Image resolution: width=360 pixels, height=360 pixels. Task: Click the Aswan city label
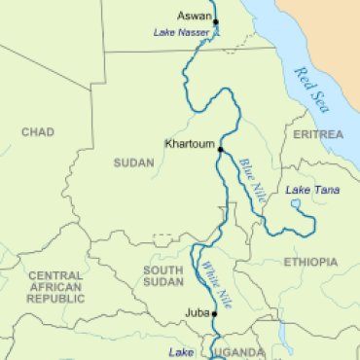195,17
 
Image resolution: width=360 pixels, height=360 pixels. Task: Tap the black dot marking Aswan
216,21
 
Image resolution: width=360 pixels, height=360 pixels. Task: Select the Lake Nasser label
180,33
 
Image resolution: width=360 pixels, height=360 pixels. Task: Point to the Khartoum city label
190,143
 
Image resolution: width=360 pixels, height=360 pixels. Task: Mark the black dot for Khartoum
221,150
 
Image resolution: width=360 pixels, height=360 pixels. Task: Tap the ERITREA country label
317,133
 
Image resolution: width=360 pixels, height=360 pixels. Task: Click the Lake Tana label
312,190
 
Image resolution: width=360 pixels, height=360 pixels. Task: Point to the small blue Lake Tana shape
296,204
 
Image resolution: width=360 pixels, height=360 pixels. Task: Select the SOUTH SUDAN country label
162,276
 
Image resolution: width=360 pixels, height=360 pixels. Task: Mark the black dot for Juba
214,315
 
